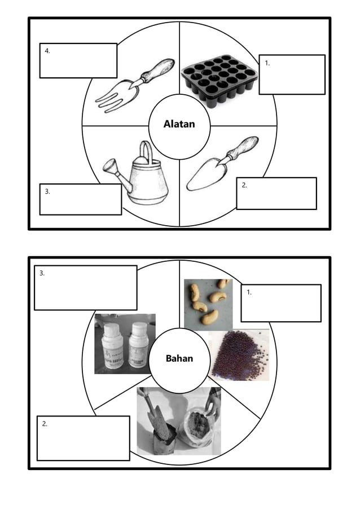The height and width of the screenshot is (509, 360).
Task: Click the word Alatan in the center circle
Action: click(179, 124)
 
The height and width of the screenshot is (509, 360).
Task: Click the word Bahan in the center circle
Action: click(179, 358)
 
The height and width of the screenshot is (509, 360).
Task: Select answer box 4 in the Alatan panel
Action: click(78, 60)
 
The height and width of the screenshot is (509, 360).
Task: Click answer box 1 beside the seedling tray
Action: click(291, 74)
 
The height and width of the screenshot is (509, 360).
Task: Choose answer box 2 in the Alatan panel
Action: click(276, 194)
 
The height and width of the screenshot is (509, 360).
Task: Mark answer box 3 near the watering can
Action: click(80, 199)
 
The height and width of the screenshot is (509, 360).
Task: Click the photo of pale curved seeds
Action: click(208, 304)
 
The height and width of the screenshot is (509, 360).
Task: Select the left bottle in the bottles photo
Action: click(112, 346)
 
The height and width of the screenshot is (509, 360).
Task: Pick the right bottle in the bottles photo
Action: click(138, 345)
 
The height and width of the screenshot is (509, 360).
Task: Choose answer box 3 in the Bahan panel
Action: click(85, 288)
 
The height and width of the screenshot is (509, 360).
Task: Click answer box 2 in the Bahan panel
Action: click(83, 438)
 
